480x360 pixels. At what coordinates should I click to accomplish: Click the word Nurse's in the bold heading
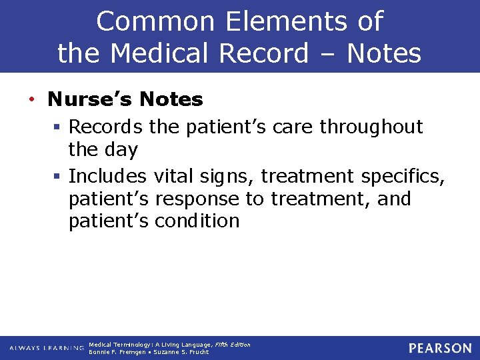pyautogui.click(x=91, y=99)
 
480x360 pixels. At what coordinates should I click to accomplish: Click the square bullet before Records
pyautogui.click(x=59, y=127)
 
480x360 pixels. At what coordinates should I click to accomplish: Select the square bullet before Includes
pyautogui.click(x=59, y=177)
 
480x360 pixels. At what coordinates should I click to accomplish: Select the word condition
pyautogui.click(x=197, y=221)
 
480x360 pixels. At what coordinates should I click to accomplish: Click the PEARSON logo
pyautogui.click(x=439, y=348)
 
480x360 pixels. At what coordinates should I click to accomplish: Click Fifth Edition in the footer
pyautogui.click(x=233, y=344)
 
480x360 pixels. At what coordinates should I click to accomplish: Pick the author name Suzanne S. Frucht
pyautogui.click(x=181, y=352)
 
